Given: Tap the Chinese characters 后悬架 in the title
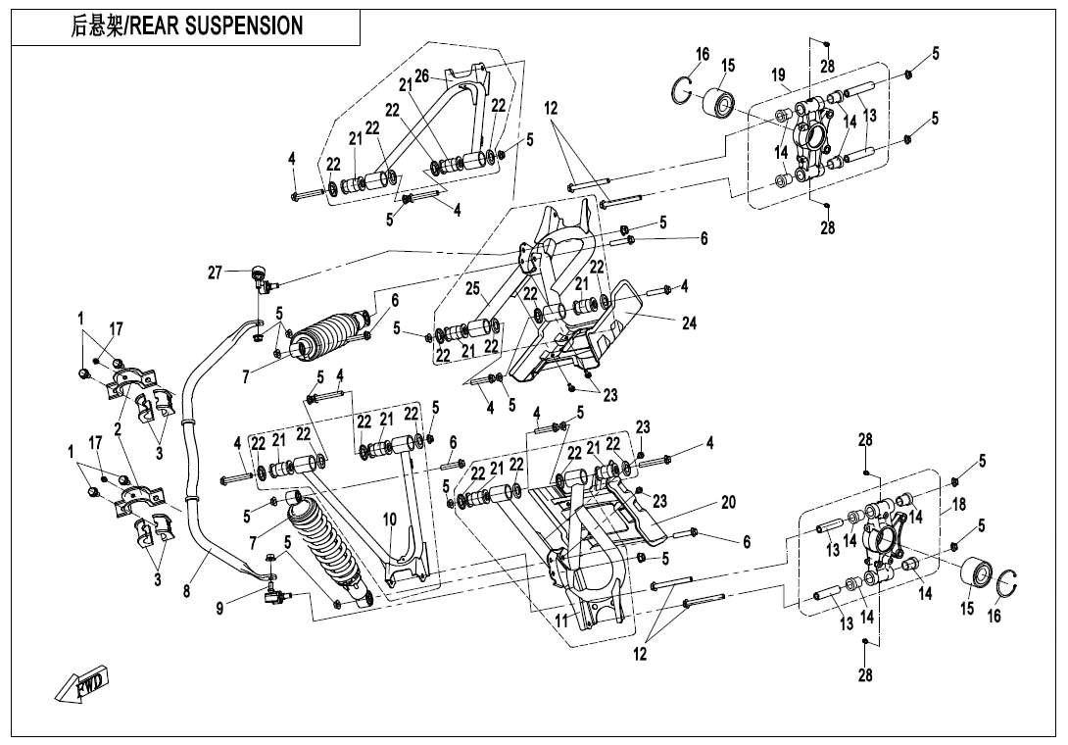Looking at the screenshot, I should pyautogui.click(x=97, y=26).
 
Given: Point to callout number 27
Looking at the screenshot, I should pyautogui.click(x=216, y=273).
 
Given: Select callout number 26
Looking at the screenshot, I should pyautogui.click(x=421, y=75).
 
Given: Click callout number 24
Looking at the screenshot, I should pyautogui.click(x=689, y=323).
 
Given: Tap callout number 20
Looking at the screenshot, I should pyautogui.click(x=728, y=501).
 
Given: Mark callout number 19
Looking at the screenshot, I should pyautogui.click(x=779, y=74).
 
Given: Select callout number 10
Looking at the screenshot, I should pyautogui.click(x=389, y=519).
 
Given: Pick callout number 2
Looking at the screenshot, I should pyautogui.click(x=118, y=428).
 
